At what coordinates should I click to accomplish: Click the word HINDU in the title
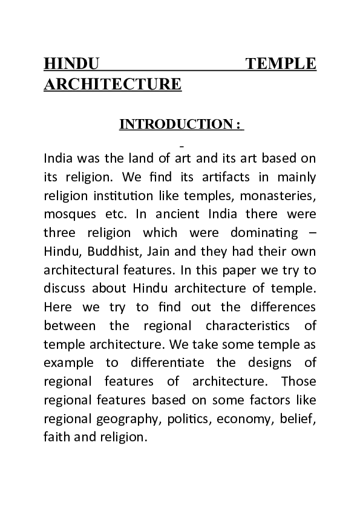tap(71, 63)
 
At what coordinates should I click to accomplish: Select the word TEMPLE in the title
tap(283, 63)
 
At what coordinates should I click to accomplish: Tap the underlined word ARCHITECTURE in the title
tap(113, 83)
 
